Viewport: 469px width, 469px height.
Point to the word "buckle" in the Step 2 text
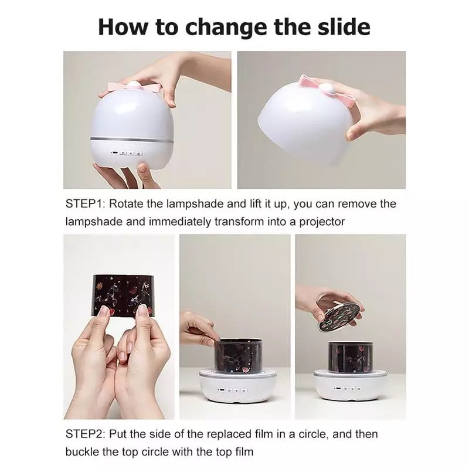click(x=82, y=453)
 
